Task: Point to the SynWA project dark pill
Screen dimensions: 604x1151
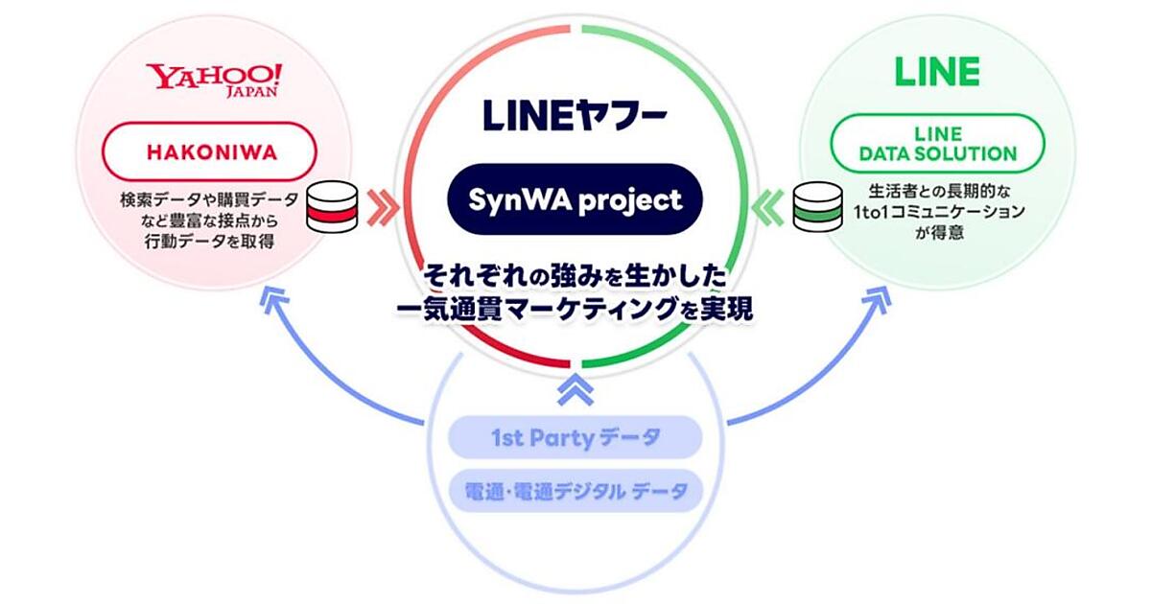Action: tap(575, 199)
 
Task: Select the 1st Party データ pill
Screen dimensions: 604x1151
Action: tap(575, 437)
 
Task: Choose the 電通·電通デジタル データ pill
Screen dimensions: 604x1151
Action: tap(575, 491)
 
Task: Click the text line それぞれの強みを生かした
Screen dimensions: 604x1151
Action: tap(575, 277)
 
